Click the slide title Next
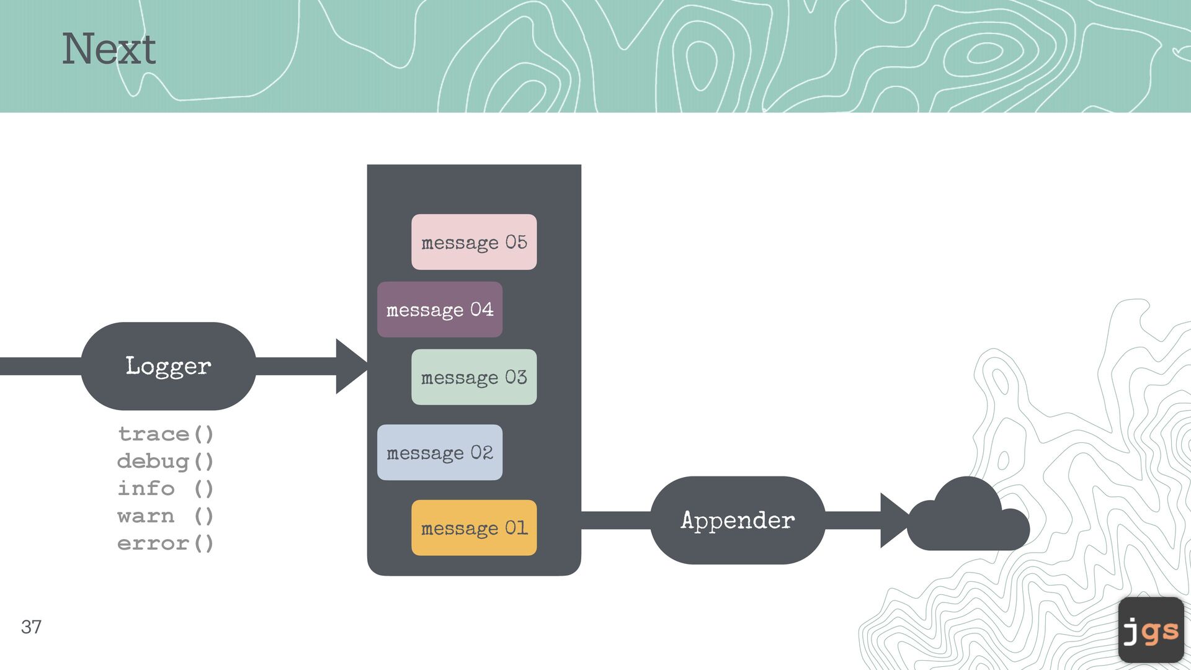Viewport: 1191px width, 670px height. tap(109, 49)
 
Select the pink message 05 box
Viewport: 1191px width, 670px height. tap(474, 242)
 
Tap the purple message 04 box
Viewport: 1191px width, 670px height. tap(440, 310)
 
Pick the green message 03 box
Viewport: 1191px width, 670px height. tap(474, 377)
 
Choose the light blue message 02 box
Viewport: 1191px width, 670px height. tap(440, 452)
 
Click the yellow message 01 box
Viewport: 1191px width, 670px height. tap(474, 528)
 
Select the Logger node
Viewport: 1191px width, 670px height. tap(168, 366)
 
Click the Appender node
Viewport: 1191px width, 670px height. tap(738, 520)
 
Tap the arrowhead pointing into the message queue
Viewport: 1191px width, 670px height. tap(350, 366)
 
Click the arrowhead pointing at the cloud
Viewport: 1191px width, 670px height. tap(893, 520)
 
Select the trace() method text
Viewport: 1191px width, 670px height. tap(166, 434)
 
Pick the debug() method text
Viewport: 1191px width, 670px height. tap(166, 461)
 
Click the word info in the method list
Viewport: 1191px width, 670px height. tap(146, 488)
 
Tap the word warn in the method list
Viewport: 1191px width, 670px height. tap(146, 516)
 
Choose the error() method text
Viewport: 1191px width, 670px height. tap(166, 543)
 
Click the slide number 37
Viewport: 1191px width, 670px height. tap(31, 627)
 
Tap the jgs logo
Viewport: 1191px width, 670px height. tap(1151, 630)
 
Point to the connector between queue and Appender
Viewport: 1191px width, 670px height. tap(615, 520)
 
